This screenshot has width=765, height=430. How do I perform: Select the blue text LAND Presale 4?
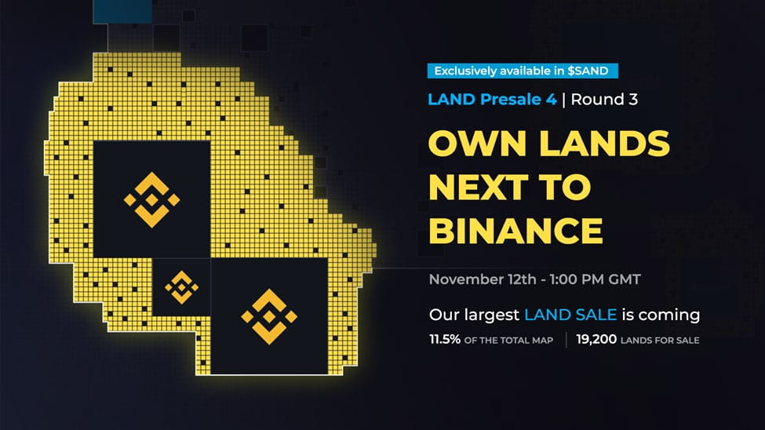[493, 100]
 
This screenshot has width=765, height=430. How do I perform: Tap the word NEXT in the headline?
[487, 188]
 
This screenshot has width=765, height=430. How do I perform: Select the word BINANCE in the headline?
[515, 231]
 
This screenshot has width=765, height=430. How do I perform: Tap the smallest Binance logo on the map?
[181, 287]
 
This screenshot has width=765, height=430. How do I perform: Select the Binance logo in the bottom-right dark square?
[269, 315]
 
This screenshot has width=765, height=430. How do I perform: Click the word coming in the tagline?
[668, 315]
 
